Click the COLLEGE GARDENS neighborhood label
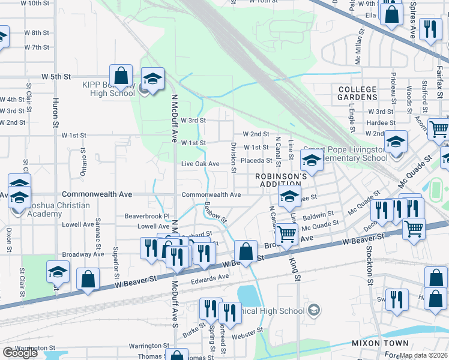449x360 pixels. pos(357,94)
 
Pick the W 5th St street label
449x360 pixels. pos(56,77)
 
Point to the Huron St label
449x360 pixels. pos(55,111)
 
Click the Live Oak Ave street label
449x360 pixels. pos(200,164)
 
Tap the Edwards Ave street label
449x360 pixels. pos(210,277)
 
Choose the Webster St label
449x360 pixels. pos(252,330)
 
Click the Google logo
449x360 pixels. pos(20,353)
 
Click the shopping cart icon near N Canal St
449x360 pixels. pos(287,233)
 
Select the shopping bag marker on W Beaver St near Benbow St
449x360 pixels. pos(246,252)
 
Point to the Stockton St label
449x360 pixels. pos(370,272)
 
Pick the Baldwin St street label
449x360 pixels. pos(318,214)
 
